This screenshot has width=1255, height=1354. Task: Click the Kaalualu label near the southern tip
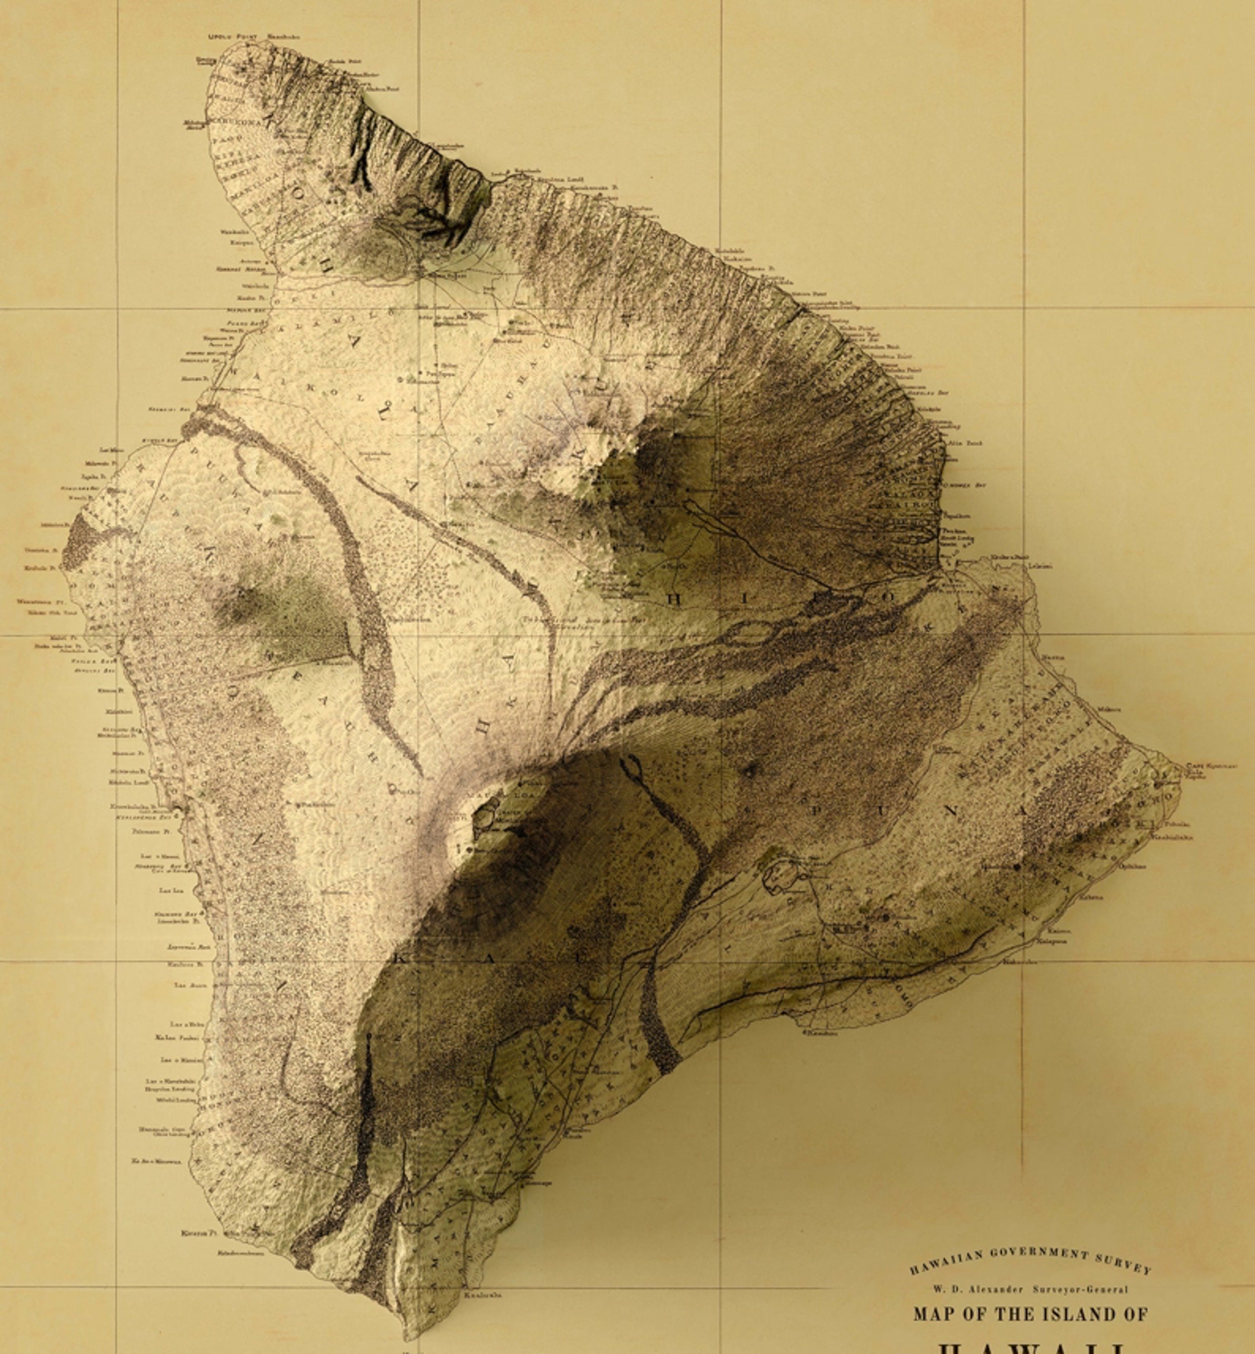483,1295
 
